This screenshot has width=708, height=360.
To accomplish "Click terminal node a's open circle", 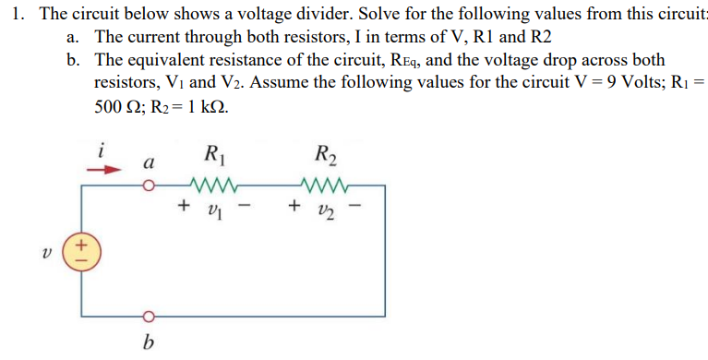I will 147,186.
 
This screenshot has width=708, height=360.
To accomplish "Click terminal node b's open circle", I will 147,312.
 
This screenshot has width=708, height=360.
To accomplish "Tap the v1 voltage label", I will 214,210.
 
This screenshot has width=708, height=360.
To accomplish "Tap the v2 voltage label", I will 326,210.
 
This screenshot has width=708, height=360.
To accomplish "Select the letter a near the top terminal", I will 146,162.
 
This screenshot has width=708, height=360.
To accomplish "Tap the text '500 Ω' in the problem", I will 117,105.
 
